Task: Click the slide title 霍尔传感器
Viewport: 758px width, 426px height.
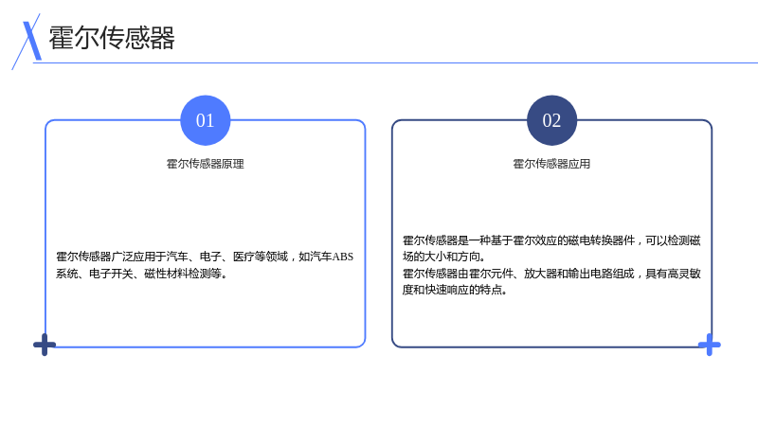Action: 112,38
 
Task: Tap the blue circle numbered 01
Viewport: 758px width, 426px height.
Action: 206,120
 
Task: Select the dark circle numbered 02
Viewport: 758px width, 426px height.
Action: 551,120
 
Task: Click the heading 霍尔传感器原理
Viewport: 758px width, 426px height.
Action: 206,164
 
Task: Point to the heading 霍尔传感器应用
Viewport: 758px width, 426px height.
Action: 551,164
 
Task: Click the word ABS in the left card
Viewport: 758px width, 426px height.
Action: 343,257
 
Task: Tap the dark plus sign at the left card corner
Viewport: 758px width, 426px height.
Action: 45,345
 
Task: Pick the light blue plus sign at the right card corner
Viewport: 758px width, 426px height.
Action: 709,345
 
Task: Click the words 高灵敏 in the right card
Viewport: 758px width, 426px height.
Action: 684,274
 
